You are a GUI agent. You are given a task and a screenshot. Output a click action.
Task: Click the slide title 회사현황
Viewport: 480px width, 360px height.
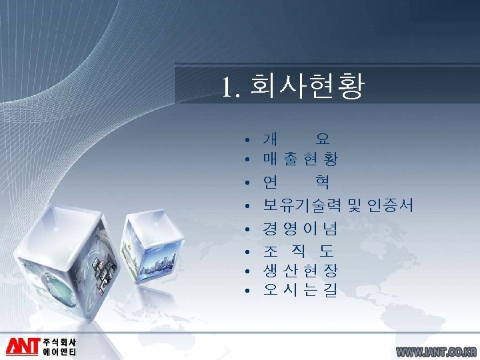307,87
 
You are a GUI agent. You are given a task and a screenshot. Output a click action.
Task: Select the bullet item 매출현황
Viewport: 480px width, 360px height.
300,159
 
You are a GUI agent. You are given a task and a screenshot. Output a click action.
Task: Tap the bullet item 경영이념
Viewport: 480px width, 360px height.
300,229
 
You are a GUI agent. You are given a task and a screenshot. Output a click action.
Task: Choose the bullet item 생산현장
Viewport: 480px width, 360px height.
300,271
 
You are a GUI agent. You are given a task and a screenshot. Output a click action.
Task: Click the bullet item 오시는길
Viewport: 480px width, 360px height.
300,290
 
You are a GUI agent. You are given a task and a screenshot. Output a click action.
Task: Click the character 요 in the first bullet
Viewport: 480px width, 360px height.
323,139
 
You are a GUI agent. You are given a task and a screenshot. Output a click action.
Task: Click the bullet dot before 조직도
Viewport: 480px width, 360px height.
247,252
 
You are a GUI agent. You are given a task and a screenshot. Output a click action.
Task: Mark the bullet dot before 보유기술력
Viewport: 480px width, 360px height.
247,206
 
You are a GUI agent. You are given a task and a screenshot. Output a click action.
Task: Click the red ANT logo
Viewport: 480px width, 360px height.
23,345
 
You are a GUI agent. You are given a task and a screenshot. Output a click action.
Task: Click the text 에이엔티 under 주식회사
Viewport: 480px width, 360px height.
60,351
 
